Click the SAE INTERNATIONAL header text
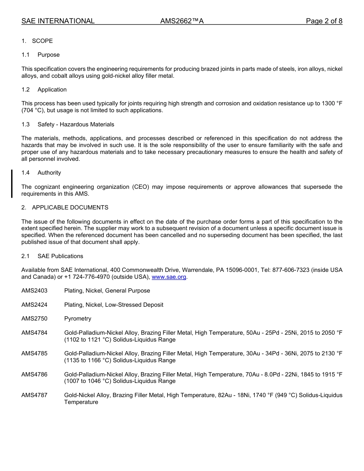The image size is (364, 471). pos(58,21)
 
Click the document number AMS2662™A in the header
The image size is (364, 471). pos(182,21)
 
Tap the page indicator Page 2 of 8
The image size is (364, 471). pos(324,21)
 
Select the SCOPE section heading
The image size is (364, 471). pos(42,41)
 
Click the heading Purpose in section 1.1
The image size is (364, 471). pos(49,55)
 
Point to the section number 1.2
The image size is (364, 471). pos(26,90)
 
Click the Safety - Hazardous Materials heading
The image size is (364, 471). pos(76,124)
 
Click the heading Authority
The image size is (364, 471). pos(49,173)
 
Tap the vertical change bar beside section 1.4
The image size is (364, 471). pos(12,183)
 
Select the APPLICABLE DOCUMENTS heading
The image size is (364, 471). pos(70,208)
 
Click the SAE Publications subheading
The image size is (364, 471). pos(60,256)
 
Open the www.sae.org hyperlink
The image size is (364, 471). pos(169,277)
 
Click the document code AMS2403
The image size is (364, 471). pos(34,291)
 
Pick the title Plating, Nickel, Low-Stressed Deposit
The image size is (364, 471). pos(114,305)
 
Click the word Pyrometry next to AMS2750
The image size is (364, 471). pos(78,319)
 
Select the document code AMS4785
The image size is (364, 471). pos(34,353)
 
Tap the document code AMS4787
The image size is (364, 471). pos(34,395)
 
